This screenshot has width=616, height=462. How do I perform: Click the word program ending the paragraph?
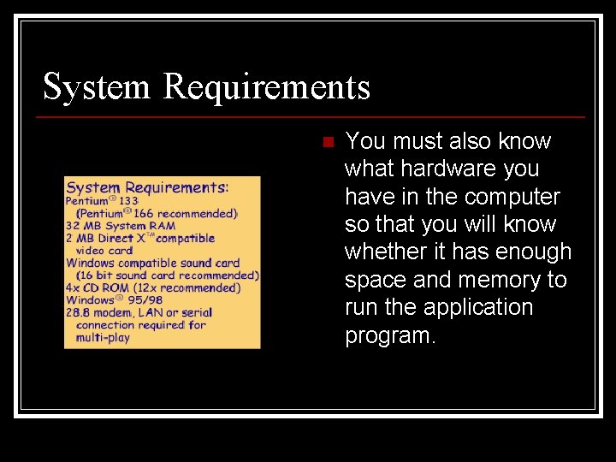390,335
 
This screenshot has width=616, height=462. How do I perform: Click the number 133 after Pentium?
128,202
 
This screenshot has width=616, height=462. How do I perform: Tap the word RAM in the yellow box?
163,226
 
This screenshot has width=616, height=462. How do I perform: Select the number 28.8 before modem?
78,313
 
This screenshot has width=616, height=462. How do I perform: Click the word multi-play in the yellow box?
103,338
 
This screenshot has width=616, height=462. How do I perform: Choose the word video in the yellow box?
91,251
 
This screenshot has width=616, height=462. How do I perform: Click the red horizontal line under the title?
314,116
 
